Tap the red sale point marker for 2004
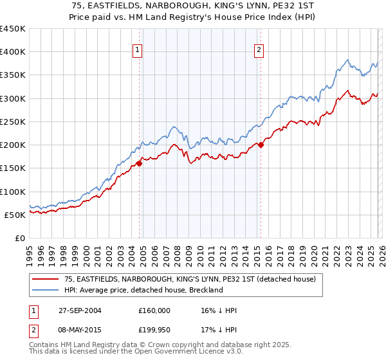(x=140, y=164)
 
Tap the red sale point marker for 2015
(x=261, y=145)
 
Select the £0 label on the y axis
(x=19, y=238)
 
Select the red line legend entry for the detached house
(x=189, y=280)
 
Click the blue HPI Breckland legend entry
(x=143, y=290)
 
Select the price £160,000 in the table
(x=154, y=310)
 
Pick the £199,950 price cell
(x=154, y=331)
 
